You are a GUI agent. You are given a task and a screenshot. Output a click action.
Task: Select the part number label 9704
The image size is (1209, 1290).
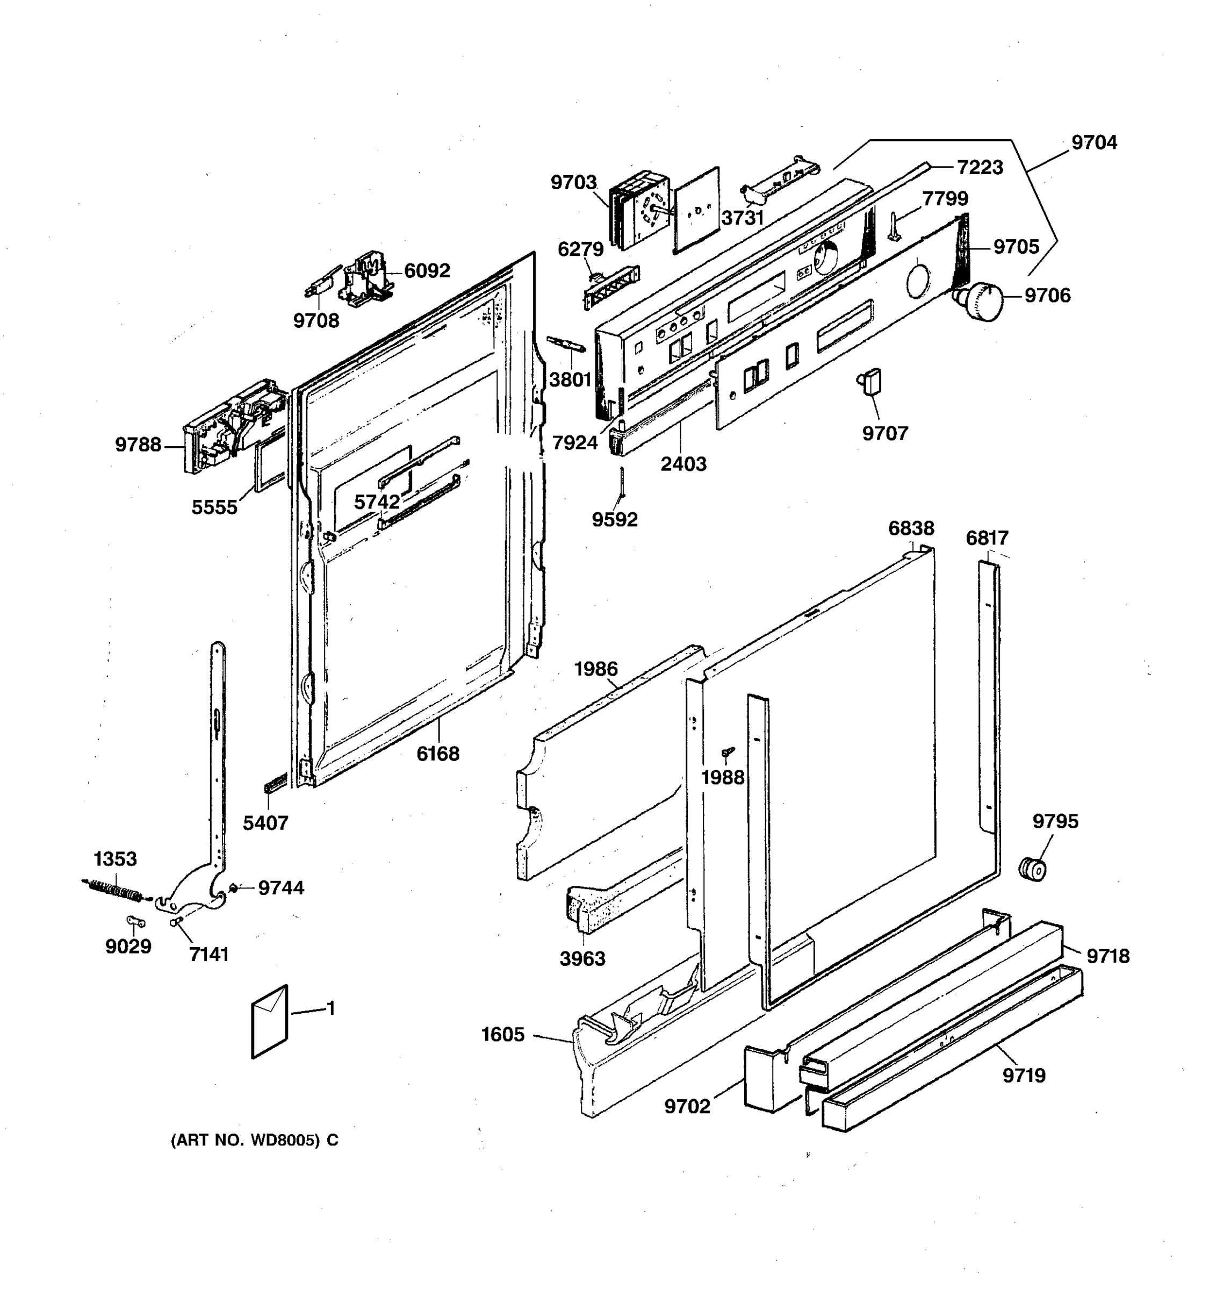pos(1093,143)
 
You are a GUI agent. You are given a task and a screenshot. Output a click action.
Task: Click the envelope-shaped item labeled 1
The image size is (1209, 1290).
pos(270,1022)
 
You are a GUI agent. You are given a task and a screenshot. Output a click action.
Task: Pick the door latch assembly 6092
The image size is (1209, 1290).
pos(367,279)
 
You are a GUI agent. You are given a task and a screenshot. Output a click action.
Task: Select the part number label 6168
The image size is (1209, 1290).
pos(438,754)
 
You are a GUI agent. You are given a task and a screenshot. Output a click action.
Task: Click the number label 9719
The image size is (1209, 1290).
pos(1024,1076)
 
